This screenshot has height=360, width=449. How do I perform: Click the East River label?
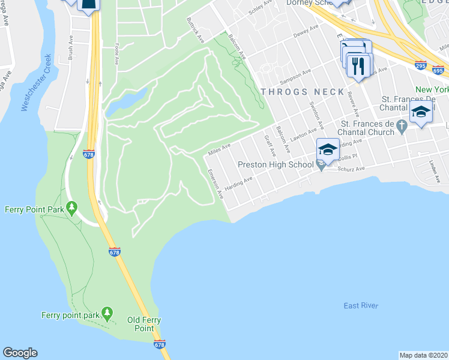(361, 306)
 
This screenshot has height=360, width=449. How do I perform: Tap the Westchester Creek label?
(35, 83)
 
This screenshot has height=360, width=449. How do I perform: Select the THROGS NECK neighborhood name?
(303, 92)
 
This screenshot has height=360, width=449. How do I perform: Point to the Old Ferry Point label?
(143, 324)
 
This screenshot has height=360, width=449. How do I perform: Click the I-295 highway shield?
(422, 64)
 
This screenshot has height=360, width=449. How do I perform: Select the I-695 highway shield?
(439, 70)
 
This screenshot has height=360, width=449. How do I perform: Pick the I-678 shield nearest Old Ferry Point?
(159, 344)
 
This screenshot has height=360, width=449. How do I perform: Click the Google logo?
(20, 353)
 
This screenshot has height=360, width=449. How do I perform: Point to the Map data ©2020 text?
(423, 355)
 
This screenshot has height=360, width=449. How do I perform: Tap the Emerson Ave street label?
(215, 184)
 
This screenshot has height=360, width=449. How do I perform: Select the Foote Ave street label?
(116, 52)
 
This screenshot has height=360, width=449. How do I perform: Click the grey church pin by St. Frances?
(403, 127)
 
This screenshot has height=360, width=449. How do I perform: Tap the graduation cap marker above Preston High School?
(328, 149)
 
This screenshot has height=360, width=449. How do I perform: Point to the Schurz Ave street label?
(352, 169)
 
